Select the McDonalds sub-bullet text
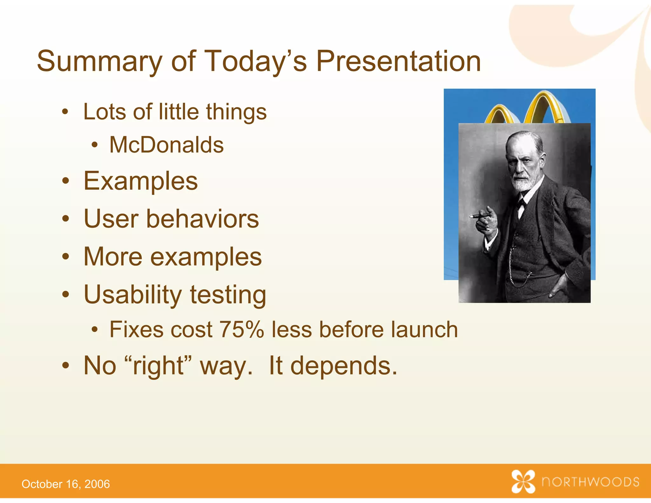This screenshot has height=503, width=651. click(166, 145)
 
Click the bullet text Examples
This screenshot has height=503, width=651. click(140, 181)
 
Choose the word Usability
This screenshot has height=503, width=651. click(132, 294)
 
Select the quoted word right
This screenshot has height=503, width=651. click(158, 366)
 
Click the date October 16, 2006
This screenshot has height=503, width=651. click(65, 484)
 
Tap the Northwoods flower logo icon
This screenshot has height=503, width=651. click(523, 481)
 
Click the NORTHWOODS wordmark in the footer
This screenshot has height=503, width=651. click(591, 482)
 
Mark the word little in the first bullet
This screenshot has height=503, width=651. click(178, 112)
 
